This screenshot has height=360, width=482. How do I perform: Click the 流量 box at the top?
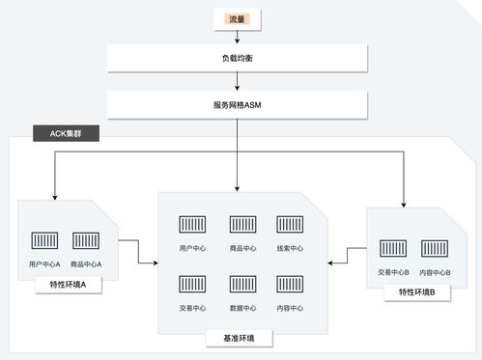237,18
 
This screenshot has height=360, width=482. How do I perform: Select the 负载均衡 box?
237,59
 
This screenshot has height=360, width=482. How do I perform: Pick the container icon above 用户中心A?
44,240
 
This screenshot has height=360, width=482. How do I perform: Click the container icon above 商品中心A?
86,240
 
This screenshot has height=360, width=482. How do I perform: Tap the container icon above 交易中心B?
393,248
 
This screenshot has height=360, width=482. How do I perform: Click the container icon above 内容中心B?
435,248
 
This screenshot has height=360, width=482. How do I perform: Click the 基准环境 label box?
239,339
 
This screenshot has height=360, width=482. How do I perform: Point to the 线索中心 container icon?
290,224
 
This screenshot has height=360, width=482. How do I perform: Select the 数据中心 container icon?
242,285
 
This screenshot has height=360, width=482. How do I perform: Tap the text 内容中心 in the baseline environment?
290,308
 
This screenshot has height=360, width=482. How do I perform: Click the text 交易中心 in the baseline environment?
192,308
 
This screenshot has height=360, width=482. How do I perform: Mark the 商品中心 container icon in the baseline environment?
242,224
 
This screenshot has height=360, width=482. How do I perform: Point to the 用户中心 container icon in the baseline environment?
192,224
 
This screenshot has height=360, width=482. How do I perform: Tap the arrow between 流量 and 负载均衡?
237,36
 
